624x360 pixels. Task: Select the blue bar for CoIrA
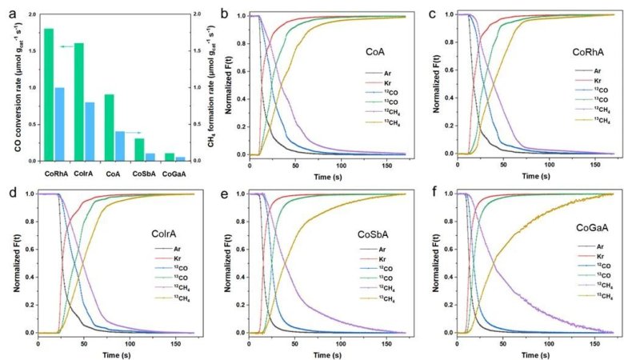point(90,131)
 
